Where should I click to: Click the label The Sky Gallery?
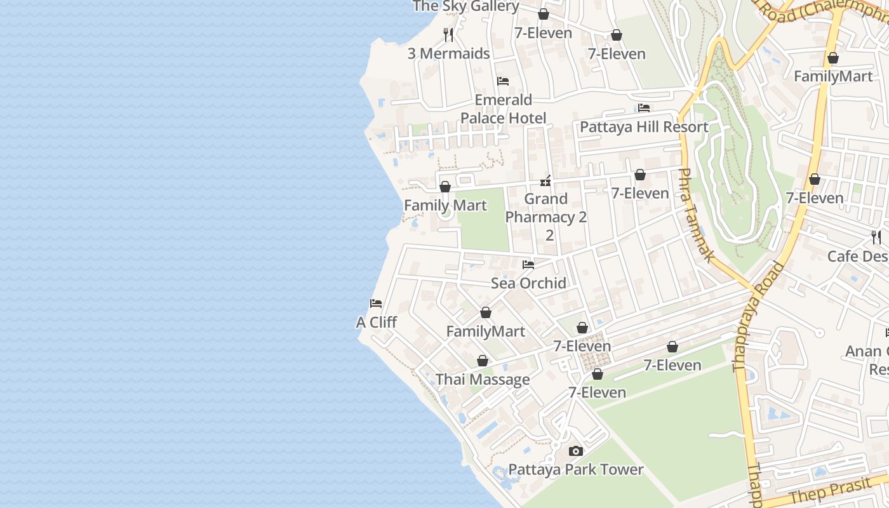[465, 6]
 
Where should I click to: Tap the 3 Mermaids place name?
[448, 53]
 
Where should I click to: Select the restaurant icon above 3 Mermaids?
[448, 34]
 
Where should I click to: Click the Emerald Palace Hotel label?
[503, 109]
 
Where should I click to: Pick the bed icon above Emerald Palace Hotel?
[503, 81]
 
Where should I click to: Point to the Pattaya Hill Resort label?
[644, 127]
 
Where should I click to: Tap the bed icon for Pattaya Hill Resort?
[644, 108]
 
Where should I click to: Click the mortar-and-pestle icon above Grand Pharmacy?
[545, 182]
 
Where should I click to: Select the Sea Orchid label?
[528, 283]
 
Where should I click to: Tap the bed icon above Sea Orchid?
[528, 265]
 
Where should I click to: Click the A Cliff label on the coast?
[376, 323]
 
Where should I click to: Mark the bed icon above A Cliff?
[376, 304]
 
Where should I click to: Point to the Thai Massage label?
[483, 380]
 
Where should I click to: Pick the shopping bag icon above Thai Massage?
[483, 361]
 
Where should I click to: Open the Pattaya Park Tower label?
[576, 470]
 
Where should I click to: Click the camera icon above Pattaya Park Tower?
[576, 451]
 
